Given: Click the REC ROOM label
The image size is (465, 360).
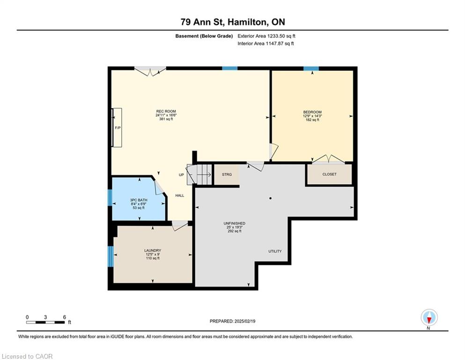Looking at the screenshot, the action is pyautogui.click(x=166, y=111).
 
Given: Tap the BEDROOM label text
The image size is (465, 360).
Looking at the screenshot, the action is pyautogui.click(x=312, y=112).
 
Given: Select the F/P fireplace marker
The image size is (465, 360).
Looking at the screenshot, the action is pyautogui.click(x=118, y=128).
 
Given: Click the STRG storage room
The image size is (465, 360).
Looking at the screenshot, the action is pyautogui.click(x=227, y=174).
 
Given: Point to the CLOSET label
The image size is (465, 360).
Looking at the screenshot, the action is pyautogui.click(x=330, y=174).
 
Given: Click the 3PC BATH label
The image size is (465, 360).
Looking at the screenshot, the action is pyautogui.click(x=139, y=200).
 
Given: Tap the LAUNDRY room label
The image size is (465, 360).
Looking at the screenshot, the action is pyautogui.click(x=153, y=250).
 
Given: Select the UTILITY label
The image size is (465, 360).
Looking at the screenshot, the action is pyautogui.click(x=275, y=251).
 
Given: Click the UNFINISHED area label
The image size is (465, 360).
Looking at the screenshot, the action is pyautogui.click(x=234, y=223).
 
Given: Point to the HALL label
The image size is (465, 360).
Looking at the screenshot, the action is pyautogui.click(x=180, y=195).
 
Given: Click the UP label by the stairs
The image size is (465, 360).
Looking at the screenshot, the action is pyautogui.click(x=181, y=175).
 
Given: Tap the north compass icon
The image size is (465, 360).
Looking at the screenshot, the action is pyautogui.click(x=429, y=317).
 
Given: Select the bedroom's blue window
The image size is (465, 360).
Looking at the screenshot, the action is pyautogui.click(x=311, y=68).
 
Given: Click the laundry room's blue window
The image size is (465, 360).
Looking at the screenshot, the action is pyautogui.click(x=111, y=256).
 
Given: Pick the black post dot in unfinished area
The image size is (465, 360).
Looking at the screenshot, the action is pyautogui.click(x=271, y=198).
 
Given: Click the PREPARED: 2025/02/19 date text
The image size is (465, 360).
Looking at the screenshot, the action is pyautogui.click(x=232, y=321).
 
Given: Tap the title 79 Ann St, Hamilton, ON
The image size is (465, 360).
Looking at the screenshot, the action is pyautogui.click(x=232, y=22).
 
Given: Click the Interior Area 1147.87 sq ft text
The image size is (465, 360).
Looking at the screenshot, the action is pyautogui.click(x=266, y=43).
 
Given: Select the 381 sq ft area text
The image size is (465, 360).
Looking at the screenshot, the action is pyautogui.click(x=166, y=119).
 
